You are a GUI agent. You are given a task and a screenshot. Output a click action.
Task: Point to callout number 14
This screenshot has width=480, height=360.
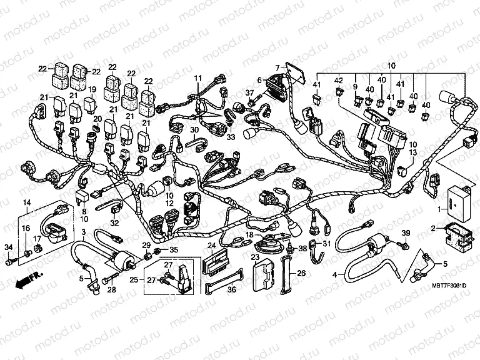(x=27, y=202)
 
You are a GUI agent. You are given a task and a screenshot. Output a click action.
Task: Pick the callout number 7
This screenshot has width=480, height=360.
(x=276, y=67)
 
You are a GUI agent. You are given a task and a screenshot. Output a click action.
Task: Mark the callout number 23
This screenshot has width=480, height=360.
(x=255, y=257)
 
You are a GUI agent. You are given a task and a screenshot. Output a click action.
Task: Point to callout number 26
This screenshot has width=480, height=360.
(x=301, y=273)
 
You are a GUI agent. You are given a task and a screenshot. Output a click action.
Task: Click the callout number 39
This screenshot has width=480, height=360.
(x=405, y=233)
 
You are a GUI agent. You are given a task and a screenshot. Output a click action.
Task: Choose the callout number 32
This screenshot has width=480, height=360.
(x=114, y=222)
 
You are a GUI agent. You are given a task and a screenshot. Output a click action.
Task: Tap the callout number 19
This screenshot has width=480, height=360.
(x=92, y=90)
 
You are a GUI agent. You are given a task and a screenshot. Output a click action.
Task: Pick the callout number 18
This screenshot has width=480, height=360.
(x=249, y=235)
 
